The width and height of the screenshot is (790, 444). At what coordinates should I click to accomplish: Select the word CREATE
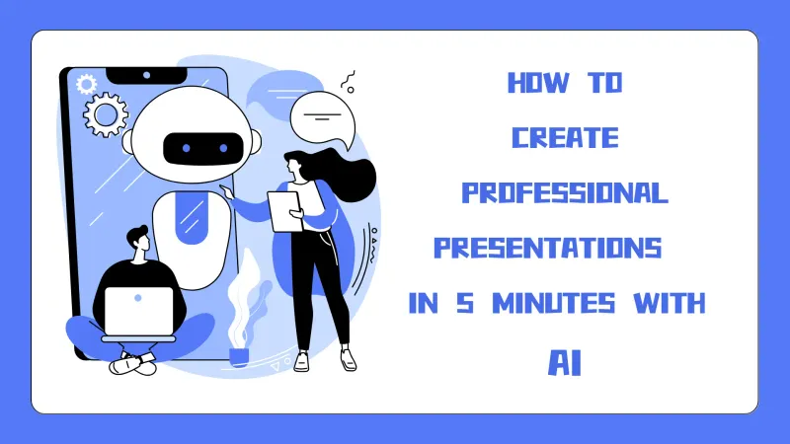click(565, 138)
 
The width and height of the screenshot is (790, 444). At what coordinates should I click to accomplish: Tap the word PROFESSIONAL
click(565, 193)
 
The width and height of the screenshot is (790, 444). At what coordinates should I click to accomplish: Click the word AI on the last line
click(565, 361)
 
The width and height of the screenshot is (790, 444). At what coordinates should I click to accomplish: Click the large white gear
click(106, 115)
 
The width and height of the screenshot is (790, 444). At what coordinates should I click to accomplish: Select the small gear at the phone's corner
click(86, 82)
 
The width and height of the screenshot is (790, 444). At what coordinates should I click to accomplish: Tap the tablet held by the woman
click(285, 210)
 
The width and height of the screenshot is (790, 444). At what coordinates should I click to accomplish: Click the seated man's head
click(137, 240)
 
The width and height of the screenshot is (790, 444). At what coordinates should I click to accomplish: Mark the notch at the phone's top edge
click(147, 75)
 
